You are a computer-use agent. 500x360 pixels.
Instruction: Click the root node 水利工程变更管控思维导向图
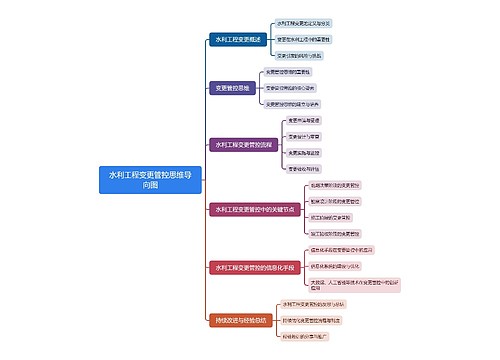pyautogui.click(x=150, y=179)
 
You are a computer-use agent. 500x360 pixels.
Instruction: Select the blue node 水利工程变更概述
pyautogui.click(x=238, y=40)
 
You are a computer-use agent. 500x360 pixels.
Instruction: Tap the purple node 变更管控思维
pyautogui.click(x=231, y=88)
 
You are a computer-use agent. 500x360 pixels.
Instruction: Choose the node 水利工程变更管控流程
pyautogui.click(x=244, y=144)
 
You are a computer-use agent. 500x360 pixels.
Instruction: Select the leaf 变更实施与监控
pyautogui.click(x=306, y=152)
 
